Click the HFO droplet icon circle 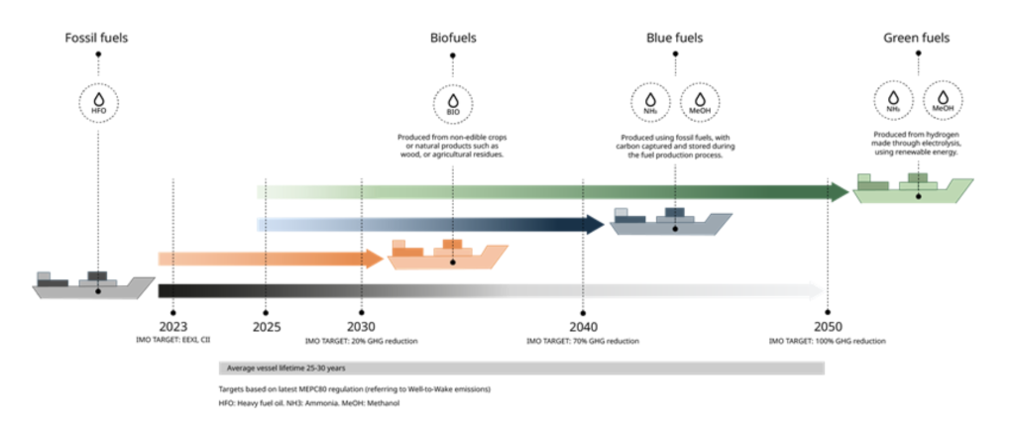(98, 104)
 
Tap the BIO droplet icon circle (453, 104)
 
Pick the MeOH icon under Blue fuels (700, 104)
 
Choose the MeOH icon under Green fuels (942, 104)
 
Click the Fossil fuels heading (97, 39)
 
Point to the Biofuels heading (453, 39)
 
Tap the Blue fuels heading (675, 39)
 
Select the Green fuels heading (917, 39)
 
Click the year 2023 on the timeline (173, 327)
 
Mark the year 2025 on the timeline (267, 327)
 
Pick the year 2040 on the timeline (583, 327)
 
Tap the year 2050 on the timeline (828, 327)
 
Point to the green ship (913, 188)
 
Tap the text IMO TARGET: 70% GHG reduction (583, 341)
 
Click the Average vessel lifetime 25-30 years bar (520, 368)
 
